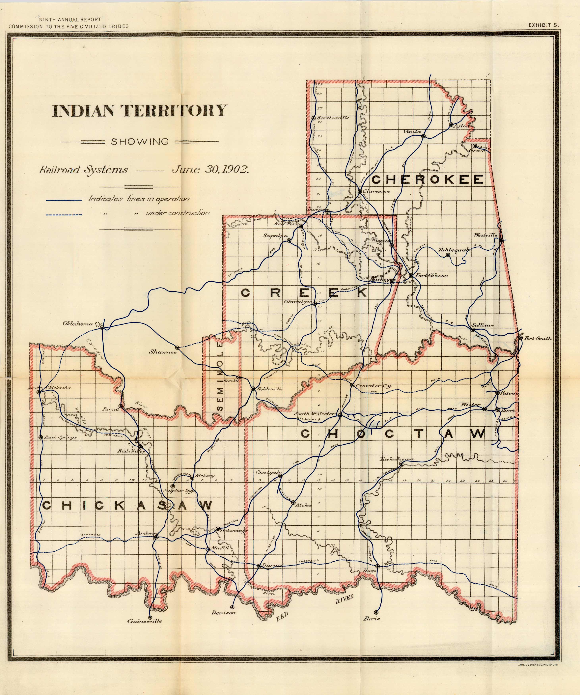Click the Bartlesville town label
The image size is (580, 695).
[333, 118]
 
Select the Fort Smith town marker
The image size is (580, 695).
[520, 338]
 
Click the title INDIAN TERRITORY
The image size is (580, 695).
[140, 111]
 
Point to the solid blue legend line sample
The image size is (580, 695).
[64, 200]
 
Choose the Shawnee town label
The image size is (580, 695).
[162, 352]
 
